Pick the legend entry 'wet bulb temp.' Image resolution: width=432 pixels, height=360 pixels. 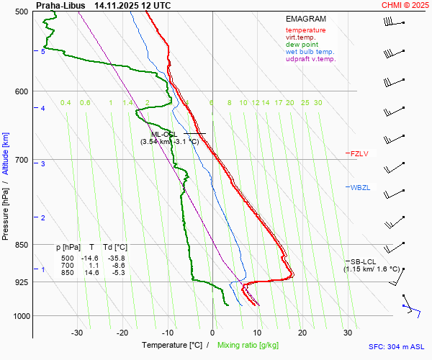[x=310, y=52]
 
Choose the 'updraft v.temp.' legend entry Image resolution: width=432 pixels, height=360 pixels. [x=310, y=59]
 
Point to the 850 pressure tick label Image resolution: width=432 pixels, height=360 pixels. [x=20, y=245]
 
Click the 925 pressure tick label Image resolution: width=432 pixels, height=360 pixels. [x=20, y=282]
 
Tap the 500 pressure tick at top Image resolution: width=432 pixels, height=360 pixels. [x=20, y=12]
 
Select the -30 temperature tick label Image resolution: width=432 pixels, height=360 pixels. [x=77, y=333]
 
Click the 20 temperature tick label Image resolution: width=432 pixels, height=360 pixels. [x=302, y=333]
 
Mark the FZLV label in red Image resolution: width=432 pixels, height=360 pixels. [x=359, y=153]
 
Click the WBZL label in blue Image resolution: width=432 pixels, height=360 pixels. [x=360, y=188]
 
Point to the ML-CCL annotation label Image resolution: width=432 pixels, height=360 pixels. [x=163, y=134]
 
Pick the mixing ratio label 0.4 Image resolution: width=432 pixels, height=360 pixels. [x=66, y=103]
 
